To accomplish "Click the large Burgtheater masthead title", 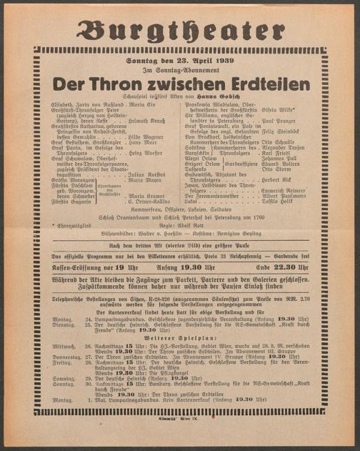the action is (179, 31).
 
